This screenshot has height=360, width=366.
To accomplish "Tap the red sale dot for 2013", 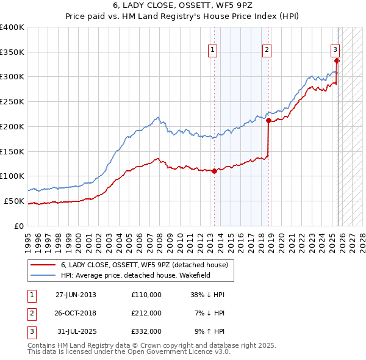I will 215,171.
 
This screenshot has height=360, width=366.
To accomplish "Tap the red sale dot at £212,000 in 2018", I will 268,120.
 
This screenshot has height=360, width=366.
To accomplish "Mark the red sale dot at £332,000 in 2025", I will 337,60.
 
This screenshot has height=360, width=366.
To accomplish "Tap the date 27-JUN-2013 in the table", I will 76,295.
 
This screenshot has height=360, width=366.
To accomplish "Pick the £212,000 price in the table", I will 146,313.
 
